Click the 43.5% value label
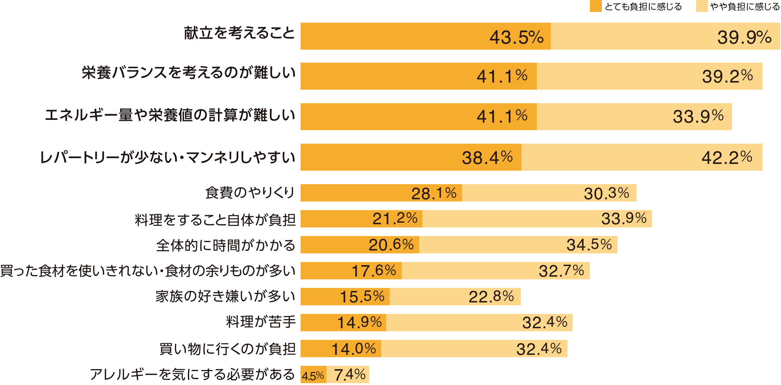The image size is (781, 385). click(x=516, y=37)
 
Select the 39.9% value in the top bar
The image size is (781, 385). click(x=744, y=37)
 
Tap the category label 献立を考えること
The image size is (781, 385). click(x=239, y=33)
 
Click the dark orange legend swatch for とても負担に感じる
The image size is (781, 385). click(x=595, y=6)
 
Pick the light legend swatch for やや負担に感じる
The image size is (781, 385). click(x=702, y=6)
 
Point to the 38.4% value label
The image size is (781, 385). click(x=487, y=158)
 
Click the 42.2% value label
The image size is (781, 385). click(x=727, y=158)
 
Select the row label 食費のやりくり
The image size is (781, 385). click(x=250, y=193)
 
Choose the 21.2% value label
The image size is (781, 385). click(x=395, y=219)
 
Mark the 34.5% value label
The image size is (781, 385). click(x=589, y=245)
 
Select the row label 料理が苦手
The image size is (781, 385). click(x=261, y=322)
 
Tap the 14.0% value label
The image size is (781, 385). click(x=354, y=349)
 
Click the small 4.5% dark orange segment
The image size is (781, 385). click(x=313, y=375)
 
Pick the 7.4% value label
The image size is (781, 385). click(x=350, y=375)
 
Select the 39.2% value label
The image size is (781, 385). click(x=727, y=76)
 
